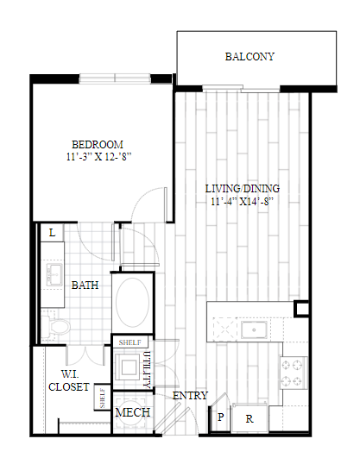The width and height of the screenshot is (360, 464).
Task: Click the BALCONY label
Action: (249, 56)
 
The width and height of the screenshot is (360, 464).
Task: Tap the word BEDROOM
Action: (98, 144)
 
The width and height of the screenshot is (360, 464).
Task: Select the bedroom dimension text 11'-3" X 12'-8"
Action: (98, 157)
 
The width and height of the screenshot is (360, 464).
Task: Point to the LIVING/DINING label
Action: (243, 189)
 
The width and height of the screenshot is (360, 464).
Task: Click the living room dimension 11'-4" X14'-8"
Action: (242, 202)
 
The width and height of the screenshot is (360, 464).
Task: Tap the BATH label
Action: (85, 285)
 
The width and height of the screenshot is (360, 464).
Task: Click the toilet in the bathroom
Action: (56, 326)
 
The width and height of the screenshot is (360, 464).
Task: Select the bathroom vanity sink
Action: (54, 275)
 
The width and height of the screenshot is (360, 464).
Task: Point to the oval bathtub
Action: (132, 302)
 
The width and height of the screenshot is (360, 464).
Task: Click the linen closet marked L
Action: (52, 233)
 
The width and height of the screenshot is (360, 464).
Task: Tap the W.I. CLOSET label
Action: (69, 380)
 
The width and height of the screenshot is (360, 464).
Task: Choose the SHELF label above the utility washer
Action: (129, 342)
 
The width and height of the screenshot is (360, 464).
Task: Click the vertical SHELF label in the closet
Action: (102, 398)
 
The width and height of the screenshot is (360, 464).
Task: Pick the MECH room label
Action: (132, 412)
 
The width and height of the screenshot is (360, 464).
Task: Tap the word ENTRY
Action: (190, 396)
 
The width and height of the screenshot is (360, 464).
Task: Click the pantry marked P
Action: (220, 417)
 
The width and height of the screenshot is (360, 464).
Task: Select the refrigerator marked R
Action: (249, 418)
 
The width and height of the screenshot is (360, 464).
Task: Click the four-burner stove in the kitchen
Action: (294, 373)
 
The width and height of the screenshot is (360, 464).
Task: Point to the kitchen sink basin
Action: (254, 329)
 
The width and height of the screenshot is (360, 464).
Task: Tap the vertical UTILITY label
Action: (147, 370)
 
